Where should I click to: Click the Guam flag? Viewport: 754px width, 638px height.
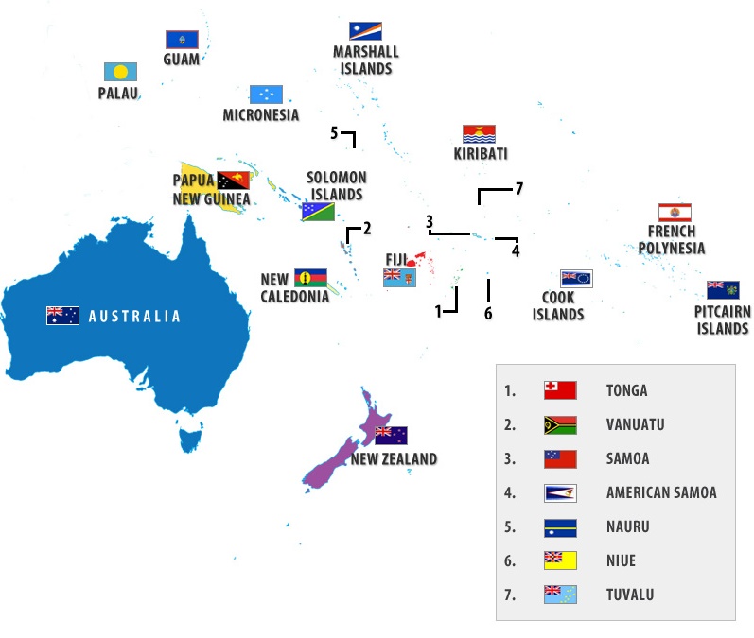pos(181,39)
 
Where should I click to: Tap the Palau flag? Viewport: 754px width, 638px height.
pos(120,72)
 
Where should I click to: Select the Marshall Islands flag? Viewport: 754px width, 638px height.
pos(365,31)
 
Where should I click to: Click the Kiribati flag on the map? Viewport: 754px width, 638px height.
pos(480,133)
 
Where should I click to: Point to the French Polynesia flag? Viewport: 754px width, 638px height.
pos(675,212)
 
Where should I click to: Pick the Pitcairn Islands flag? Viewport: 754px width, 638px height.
pos(723,289)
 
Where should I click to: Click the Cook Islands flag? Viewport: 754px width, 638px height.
pos(576,278)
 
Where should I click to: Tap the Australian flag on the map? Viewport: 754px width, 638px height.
pos(62,316)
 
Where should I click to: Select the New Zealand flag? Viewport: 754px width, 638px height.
pos(391,436)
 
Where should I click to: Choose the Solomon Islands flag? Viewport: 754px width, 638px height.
pos(318,212)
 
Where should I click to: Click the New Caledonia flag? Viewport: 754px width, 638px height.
pos(310,277)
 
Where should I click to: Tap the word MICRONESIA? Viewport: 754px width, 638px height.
pos(261,115)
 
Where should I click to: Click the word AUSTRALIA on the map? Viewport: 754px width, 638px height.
pos(134,317)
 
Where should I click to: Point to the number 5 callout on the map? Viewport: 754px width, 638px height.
pos(334,133)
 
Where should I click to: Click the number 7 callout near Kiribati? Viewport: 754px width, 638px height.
pos(518,188)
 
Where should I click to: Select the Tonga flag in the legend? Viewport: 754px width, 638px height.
pos(560,390)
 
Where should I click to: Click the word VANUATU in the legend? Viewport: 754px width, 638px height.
pos(635,424)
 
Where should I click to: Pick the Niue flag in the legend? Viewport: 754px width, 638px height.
pos(560,560)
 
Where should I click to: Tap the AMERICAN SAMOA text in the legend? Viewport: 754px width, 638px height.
pos(661,492)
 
